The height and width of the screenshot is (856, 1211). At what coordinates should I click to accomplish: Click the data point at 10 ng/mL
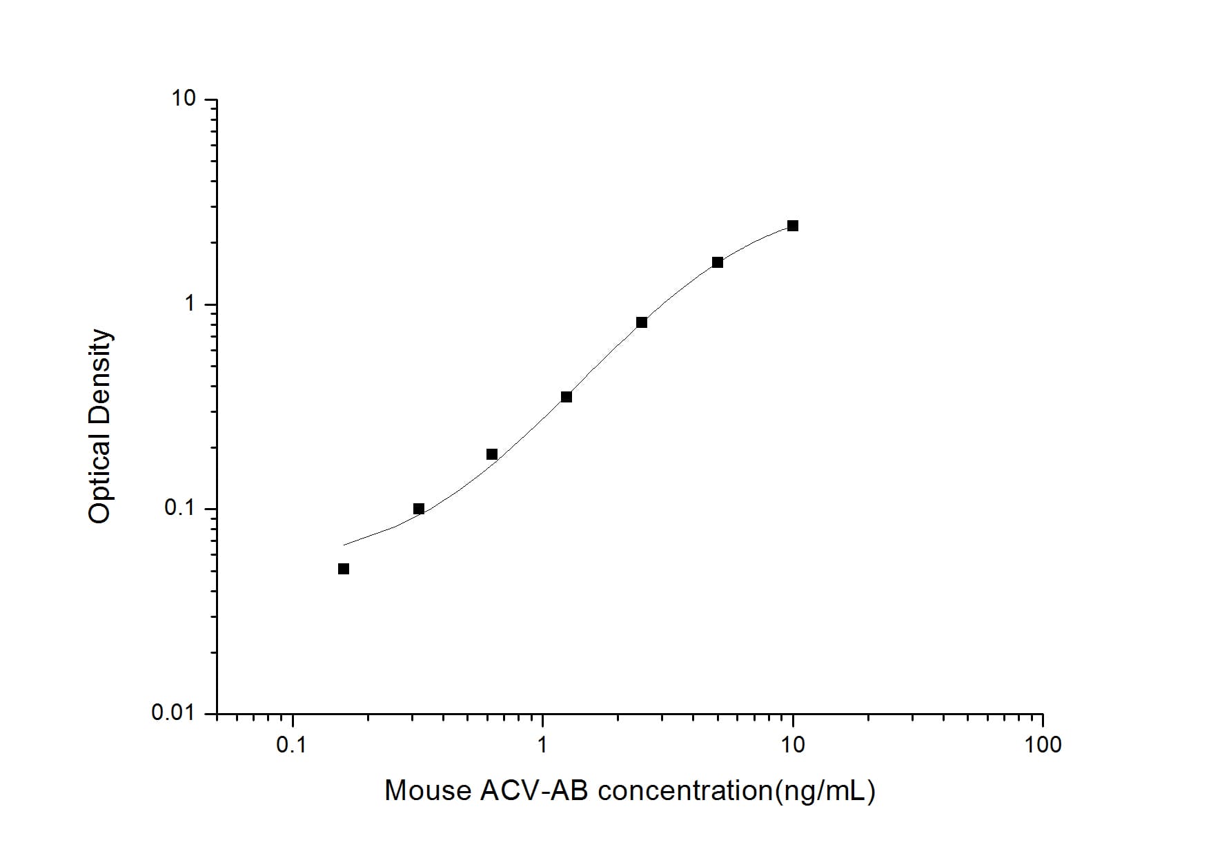coord(793,226)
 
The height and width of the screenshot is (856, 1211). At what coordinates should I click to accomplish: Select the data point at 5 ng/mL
coord(718,262)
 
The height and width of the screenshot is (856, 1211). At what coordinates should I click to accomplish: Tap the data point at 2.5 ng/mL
coord(642,322)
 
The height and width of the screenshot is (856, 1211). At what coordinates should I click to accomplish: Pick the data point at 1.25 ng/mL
coord(567,397)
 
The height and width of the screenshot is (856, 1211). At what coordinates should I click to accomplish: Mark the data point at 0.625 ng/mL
coord(492,454)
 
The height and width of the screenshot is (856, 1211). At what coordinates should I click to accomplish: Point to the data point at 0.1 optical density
coord(419,509)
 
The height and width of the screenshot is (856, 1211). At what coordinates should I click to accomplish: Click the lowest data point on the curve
coord(344,569)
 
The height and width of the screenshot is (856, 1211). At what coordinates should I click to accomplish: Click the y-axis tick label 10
coord(184,99)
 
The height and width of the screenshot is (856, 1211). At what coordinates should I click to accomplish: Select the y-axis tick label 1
coord(190,304)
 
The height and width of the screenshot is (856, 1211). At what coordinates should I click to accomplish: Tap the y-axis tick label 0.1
coord(181,508)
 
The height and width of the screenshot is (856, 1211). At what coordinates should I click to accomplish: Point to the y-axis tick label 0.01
coord(174,712)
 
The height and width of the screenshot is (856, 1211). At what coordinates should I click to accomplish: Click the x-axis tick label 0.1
coord(291,745)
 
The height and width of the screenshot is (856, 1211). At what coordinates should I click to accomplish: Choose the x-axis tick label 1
coord(542,745)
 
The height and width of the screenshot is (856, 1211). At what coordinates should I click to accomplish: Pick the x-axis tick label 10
coord(793,745)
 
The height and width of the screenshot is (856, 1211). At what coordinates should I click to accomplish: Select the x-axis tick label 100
coord(1043,745)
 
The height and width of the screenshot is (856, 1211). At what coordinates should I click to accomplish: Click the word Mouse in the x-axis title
coord(428,790)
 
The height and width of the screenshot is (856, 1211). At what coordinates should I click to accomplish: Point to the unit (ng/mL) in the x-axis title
coord(825,791)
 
